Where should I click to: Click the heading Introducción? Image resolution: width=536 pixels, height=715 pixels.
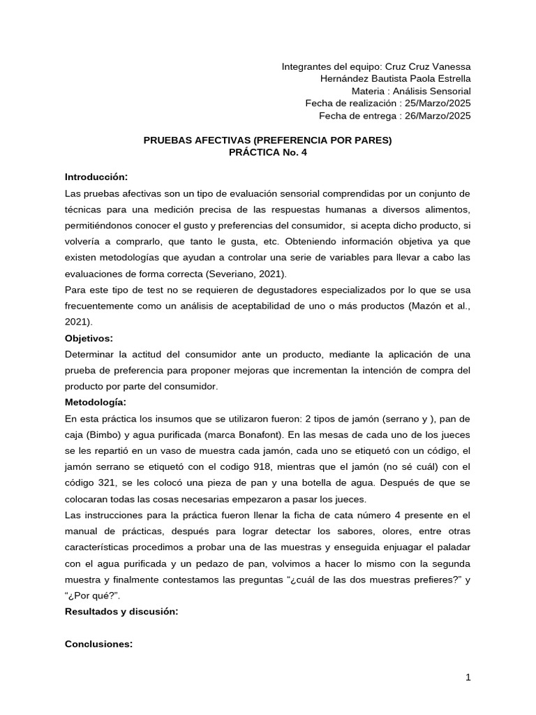96,177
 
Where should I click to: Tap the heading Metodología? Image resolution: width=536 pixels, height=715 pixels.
96,402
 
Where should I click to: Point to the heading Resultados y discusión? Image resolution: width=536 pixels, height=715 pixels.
121,611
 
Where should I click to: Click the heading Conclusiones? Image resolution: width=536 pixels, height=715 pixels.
98,644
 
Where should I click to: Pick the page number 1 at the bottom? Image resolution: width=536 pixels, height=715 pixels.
468,677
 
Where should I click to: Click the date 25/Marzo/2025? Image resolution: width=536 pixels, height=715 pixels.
437,103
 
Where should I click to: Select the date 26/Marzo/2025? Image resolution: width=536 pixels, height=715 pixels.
437,116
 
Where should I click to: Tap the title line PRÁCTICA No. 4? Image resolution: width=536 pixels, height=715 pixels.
267,152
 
